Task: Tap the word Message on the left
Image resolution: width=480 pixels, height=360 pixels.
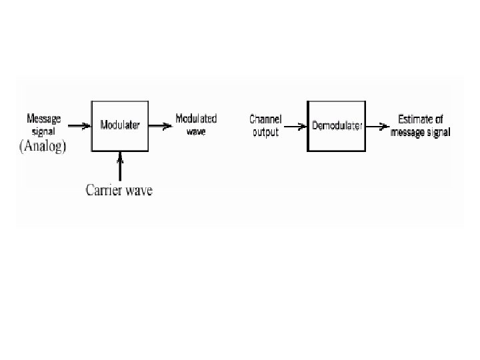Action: click(x=43, y=119)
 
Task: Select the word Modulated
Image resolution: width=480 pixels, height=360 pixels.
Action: click(x=196, y=119)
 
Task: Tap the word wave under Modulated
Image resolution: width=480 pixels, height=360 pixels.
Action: click(x=196, y=131)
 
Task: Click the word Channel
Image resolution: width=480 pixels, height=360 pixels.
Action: click(x=265, y=119)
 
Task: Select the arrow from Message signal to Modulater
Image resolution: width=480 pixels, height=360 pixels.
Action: click(x=79, y=125)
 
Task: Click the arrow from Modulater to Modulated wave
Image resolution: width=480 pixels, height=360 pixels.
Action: click(x=159, y=125)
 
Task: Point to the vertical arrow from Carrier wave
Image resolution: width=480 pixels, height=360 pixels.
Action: click(x=120, y=166)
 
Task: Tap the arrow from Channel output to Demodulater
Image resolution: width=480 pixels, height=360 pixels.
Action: click(x=294, y=126)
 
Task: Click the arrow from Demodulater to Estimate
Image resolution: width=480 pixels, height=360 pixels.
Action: click(x=377, y=126)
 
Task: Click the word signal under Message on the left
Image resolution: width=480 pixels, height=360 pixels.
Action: click(x=43, y=131)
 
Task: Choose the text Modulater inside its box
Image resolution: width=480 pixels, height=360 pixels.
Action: click(x=120, y=125)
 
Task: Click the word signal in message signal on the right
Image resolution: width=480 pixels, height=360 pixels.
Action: click(x=437, y=132)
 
